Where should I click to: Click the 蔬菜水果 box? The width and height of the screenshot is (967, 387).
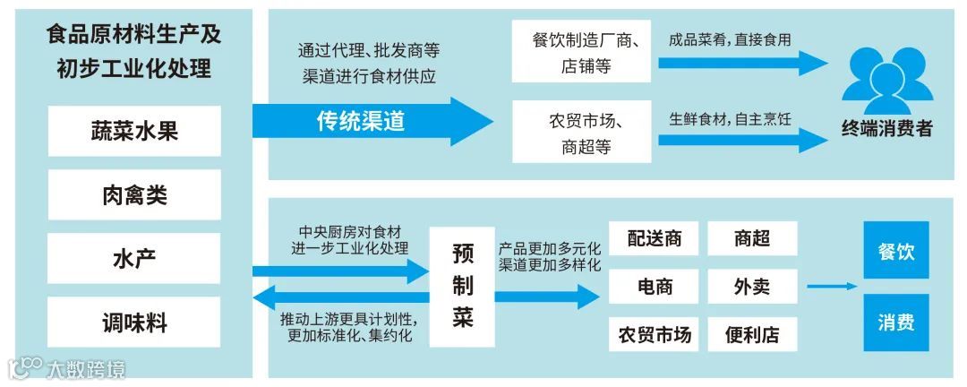click(x=134, y=131)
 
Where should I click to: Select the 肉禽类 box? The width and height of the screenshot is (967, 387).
click(x=134, y=194)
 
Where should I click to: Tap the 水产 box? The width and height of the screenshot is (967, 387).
click(x=134, y=259)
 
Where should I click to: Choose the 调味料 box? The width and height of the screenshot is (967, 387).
click(x=134, y=322)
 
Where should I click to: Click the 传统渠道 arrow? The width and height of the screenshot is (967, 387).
click(x=367, y=121)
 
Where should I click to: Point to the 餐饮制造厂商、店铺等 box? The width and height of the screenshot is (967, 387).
click(x=582, y=53)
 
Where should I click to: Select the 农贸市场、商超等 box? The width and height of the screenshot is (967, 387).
click(x=582, y=133)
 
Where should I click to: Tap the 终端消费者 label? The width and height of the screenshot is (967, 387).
click(x=886, y=129)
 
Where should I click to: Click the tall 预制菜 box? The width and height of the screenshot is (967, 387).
click(x=462, y=287)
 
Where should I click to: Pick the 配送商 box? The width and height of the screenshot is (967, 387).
click(x=655, y=238)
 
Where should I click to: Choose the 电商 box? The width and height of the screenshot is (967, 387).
click(x=655, y=287)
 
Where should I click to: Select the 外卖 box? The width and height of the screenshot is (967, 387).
click(x=752, y=287)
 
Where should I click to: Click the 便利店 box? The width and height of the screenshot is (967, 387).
click(x=752, y=335)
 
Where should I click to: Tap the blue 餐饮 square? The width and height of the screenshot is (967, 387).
click(x=895, y=250)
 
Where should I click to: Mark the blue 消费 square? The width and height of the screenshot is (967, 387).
click(x=895, y=322)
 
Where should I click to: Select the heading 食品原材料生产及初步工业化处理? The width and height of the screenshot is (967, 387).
click(x=134, y=52)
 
